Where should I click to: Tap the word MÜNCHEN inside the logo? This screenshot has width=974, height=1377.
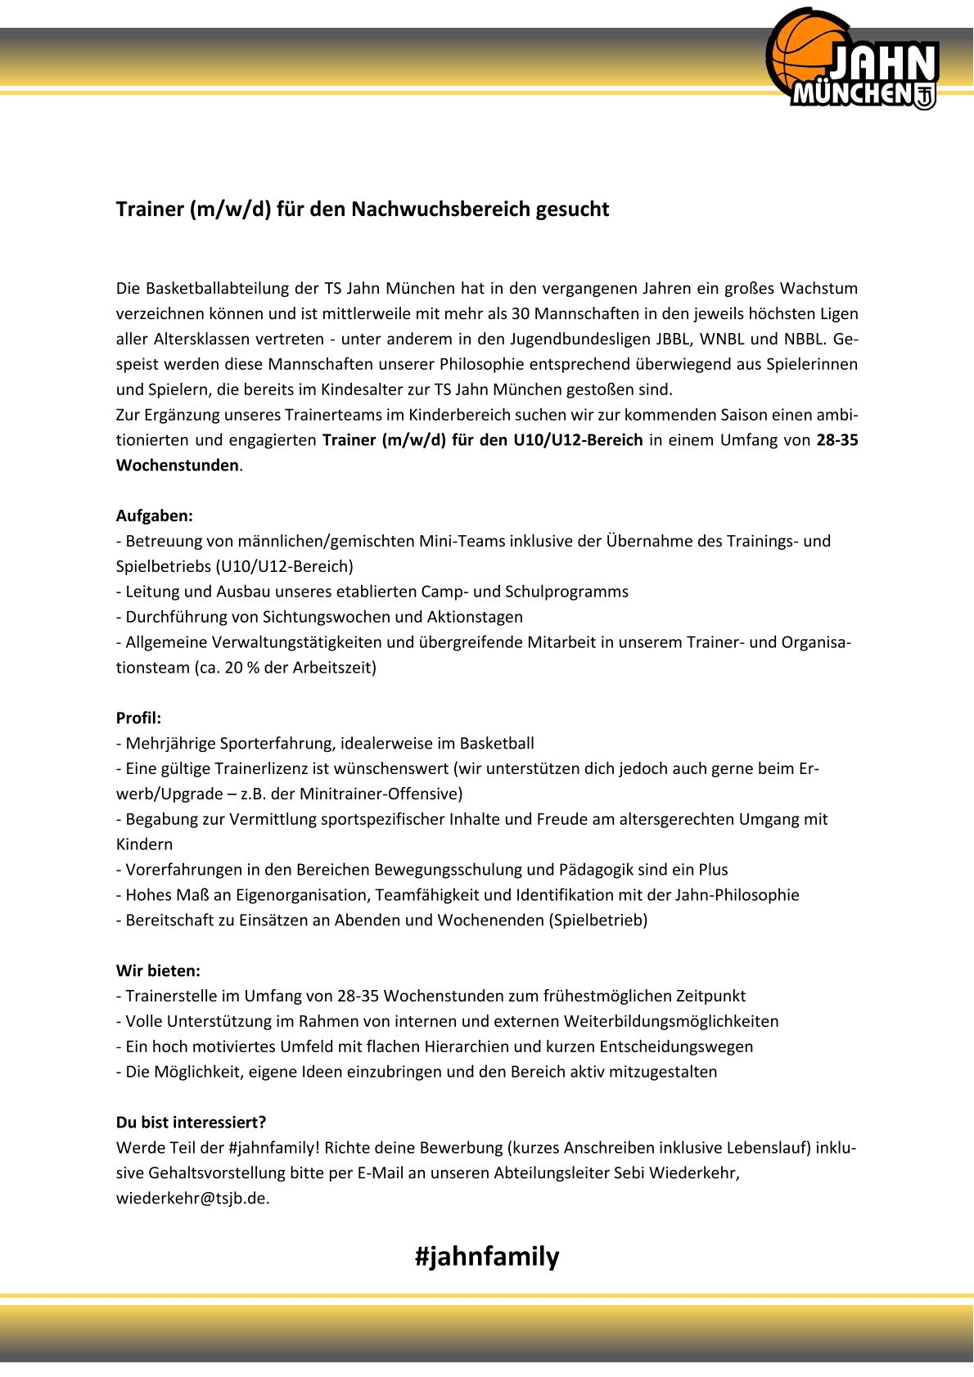click(851, 95)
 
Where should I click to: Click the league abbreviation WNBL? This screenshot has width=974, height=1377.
click(721, 340)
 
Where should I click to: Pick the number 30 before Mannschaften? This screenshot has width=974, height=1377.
click(521, 314)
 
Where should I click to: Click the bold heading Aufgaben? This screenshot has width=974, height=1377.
click(154, 516)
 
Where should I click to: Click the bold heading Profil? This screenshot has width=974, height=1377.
click(138, 718)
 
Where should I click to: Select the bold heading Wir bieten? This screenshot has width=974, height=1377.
click(158, 971)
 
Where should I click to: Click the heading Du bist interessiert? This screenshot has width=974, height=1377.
click(191, 1123)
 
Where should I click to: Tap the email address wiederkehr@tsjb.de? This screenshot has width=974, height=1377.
click(192, 1199)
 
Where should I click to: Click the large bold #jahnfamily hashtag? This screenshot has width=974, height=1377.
click(487, 1257)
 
